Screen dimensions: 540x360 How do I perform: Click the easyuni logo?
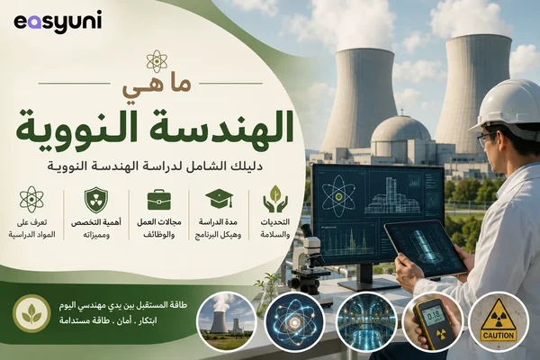(58, 22)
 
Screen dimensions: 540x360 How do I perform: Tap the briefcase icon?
(158, 200)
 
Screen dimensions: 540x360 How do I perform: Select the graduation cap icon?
(219, 199)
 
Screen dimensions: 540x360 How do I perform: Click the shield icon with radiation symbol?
(96, 200)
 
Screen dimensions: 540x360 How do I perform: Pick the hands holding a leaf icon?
(275, 199)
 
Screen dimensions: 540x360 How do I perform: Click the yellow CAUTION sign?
(499, 321)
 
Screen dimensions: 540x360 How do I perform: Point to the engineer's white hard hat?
(508, 105)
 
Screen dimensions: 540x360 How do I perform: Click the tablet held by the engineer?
(426, 248)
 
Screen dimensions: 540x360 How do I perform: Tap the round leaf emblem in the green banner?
(31, 313)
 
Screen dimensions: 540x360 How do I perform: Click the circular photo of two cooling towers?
(227, 321)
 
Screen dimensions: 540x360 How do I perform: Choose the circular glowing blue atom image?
(295, 322)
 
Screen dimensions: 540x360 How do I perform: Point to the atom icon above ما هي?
(157, 61)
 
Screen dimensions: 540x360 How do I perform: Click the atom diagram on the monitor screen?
(338, 197)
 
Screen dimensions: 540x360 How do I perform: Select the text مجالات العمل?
(158, 222)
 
